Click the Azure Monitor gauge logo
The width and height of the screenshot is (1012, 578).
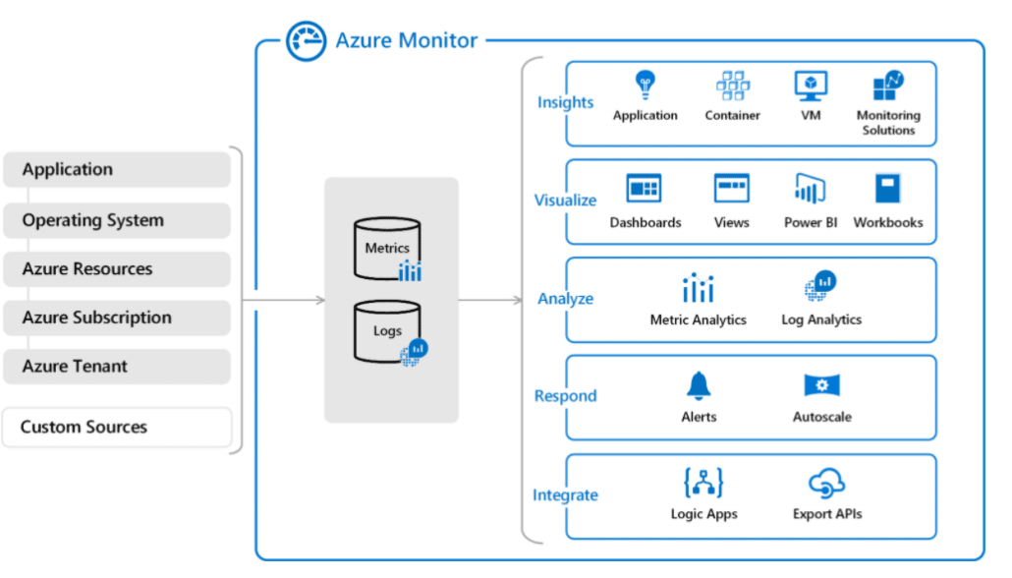click(306, 41)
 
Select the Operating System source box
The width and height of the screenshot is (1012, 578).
click(116, 220)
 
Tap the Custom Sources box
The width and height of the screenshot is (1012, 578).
click(116, 428)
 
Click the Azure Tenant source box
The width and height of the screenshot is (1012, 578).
click(116, 367)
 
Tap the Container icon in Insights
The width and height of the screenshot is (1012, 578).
click(732, 86)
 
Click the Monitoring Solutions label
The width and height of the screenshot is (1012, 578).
click(888, 123)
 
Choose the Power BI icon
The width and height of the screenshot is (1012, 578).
click(810, 188)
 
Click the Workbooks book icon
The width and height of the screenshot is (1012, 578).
click(888, 188)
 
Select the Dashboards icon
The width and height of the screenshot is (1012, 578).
click(645, 188)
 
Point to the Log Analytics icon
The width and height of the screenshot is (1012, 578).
click(821, 286)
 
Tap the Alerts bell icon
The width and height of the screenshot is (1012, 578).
click(699, 385)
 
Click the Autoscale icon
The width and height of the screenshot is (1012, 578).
click(821, 385)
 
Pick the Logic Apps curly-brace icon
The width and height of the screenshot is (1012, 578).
click(703, 483)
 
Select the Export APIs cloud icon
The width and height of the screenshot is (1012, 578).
click(827, 483)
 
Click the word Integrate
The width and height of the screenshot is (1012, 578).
click(565, 495)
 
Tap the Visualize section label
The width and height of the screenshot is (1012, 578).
click(565, 201)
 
